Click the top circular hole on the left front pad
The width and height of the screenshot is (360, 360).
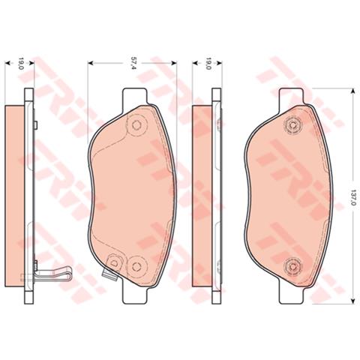pyautogui.click(x=136, y=127)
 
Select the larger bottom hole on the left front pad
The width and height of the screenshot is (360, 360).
pyautogui.click(x=136, y=264)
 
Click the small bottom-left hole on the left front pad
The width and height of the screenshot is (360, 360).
pyautogui.click(x=114, y=262)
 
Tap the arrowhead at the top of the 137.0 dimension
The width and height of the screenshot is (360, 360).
pyautogui.click(x=352, y=92)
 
